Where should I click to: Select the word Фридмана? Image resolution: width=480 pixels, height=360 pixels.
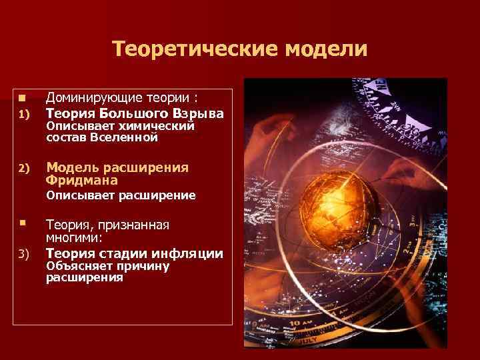[x=82, y=180]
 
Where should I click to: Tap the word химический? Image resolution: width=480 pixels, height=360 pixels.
[x=161, y=126]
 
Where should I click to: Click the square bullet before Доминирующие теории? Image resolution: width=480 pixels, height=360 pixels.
[x=22, y=99]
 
